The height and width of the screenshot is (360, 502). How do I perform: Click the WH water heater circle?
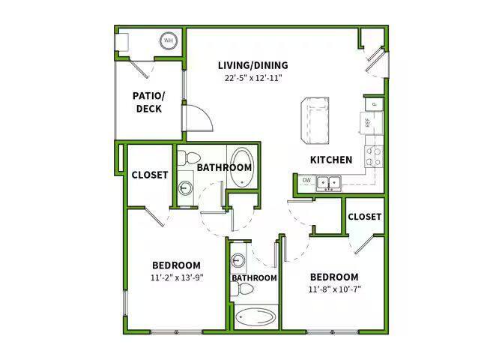[x=168, y=40]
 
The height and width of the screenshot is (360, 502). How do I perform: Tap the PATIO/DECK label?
[x=148, y=102]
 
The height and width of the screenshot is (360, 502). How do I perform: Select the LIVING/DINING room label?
[x=252, y=65]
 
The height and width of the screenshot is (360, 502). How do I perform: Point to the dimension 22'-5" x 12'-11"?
[x=252, y=78]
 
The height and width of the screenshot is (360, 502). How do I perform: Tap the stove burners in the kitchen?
[x=372, y=156]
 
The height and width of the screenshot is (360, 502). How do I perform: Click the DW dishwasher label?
[x=306, y=180]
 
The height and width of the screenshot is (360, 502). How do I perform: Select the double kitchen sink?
[x=327, y=181]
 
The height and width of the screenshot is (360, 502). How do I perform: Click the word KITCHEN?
[x=331, y=160]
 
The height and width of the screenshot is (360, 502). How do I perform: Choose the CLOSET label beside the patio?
[x=150, y=175]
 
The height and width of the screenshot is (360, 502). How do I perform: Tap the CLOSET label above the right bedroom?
[x=365, y=217]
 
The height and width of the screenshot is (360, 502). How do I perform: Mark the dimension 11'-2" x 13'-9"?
[x=176, y=277]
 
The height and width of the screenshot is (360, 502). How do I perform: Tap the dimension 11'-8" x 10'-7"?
[x=333, y=289]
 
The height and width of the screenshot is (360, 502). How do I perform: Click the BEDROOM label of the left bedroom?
[x=176, y=265]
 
